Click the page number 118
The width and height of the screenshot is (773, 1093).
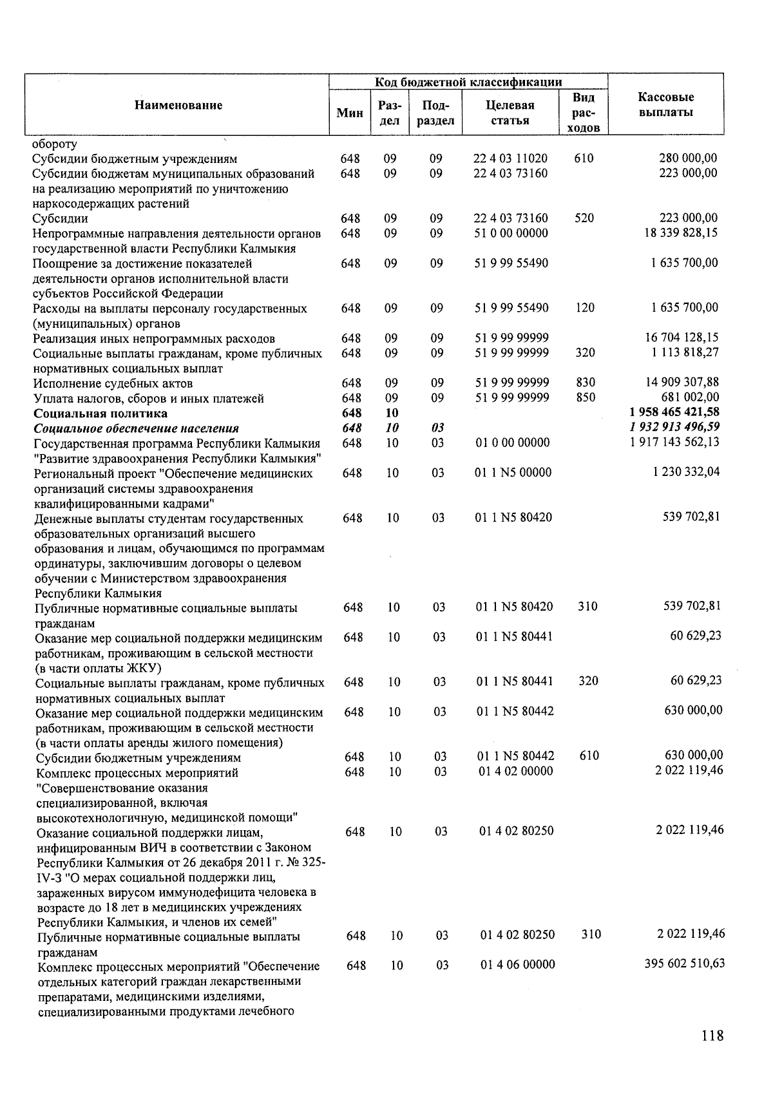[712, 1036]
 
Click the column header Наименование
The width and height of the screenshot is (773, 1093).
[178, 106]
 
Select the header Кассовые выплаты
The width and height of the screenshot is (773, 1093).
[665, 105]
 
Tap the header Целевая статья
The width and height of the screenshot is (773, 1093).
[510, 113]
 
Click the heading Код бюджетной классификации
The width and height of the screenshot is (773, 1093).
[468, 82]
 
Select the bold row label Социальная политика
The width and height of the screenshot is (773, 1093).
[100, 413]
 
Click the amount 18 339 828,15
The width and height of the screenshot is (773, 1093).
[681, 233]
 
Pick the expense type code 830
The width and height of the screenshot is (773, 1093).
[586, 383]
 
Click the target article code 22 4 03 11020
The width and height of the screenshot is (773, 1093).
[510, 158]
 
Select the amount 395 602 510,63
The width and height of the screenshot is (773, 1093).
[684, 964]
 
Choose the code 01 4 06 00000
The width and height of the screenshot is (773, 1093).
[517, 965]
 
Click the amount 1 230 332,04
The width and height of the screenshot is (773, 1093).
[686, 472]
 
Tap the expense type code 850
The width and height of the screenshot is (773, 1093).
[586, 397]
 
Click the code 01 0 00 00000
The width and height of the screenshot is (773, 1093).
[512, 442]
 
